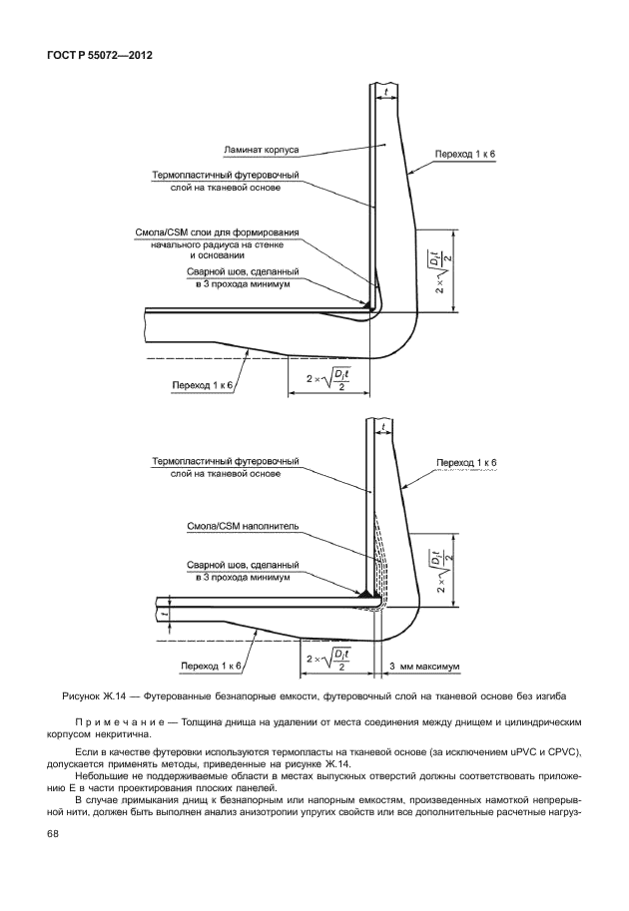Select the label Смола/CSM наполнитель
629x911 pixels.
pyautogui.click(x=244, y=525)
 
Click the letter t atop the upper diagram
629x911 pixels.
pyautogui.click(x=385, y=92)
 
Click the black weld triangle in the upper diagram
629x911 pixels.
pyautogui.click(x=370, y=301)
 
